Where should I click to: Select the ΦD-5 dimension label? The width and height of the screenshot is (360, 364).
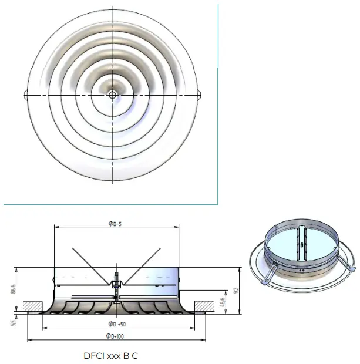(115, 224)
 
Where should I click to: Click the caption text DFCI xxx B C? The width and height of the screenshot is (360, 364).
(112, 355)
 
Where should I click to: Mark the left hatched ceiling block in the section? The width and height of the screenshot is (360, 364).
(36, 305)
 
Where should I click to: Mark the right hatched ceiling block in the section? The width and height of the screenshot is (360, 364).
(203, 305)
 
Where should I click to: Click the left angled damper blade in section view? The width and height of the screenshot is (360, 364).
(88, 262)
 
